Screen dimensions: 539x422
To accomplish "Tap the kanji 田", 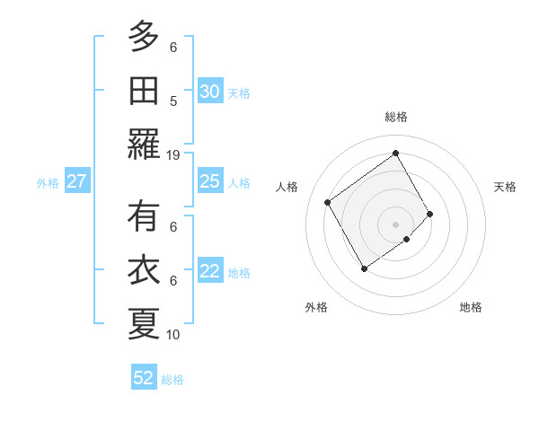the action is [144, 90].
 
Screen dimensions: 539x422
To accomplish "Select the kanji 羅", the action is [144, 144].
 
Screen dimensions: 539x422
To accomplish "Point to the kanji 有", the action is [144, 216].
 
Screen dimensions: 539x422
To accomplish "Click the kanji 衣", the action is [144, 270].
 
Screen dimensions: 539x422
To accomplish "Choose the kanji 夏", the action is [144, 323].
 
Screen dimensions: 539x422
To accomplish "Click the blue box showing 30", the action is [209, 91].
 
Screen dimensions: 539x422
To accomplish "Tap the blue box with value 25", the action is [209, 181].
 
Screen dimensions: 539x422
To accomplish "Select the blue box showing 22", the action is [209, 271].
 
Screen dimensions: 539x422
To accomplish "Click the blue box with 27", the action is [77, 181].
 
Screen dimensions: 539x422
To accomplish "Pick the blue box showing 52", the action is [144, 378].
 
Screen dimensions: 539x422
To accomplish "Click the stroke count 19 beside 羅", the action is [173, 154].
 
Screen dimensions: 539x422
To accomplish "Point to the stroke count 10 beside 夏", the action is [173, 334].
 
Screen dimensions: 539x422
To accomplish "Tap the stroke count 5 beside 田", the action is [173, 101].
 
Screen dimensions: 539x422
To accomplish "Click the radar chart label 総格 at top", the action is [395, 117].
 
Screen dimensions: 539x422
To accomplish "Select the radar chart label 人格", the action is [287, 187].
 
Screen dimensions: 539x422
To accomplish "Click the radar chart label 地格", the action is [471, 307].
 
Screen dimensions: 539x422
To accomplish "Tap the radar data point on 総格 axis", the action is [395, 153].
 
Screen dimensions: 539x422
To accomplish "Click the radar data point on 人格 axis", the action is [328, 202].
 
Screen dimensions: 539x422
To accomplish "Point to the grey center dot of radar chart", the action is [395, 223].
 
